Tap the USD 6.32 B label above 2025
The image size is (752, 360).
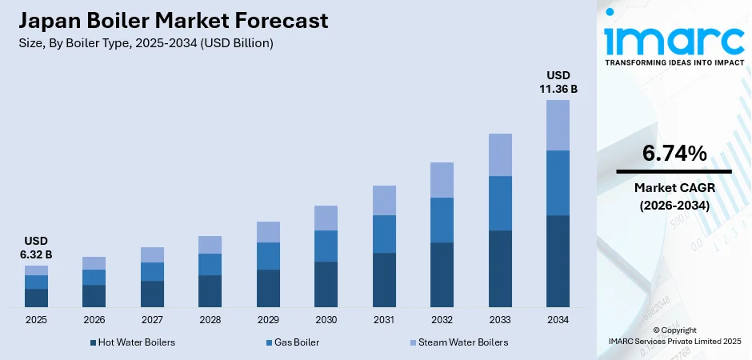[36, 247]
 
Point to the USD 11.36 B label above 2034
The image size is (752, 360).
[558, 82]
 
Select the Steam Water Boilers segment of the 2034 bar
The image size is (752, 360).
[558, 125]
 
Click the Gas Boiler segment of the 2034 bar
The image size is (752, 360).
[558, 182]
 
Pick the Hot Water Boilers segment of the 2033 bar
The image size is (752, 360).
[500, 269]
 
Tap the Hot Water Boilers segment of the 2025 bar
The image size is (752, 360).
[36, 298]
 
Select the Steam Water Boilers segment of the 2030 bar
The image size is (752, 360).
[326, 218]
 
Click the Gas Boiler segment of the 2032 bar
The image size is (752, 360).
[442, 220]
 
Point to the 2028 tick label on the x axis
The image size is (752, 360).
[210, 320]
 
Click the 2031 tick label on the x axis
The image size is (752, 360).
[384, 320]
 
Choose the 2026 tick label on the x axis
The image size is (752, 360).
[94, 320]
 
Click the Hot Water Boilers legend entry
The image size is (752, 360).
[132, 342]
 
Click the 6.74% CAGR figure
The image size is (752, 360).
[674, 154]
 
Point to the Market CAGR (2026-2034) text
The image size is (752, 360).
[674, 196]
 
